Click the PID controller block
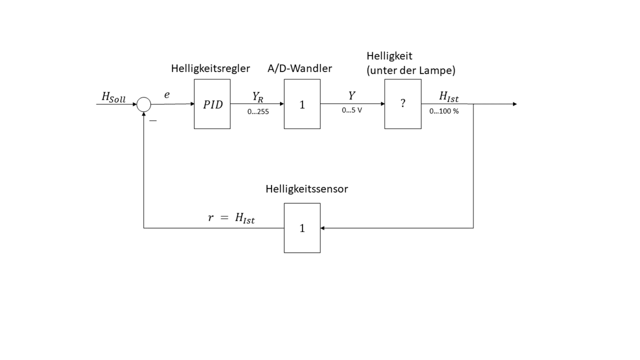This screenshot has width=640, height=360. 212,104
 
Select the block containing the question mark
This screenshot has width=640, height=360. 403,104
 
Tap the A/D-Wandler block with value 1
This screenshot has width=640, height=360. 302,104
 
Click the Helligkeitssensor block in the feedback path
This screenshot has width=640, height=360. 302,228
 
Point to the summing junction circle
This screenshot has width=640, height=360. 144,105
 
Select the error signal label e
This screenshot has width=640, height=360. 167,94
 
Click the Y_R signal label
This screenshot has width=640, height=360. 258,96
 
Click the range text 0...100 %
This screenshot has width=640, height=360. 444,111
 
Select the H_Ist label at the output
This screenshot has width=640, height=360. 448,96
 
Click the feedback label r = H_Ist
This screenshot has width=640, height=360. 231,218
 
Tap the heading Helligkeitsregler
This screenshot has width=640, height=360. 211,69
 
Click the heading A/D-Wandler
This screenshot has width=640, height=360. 300,69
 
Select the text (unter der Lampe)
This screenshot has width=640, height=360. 411,70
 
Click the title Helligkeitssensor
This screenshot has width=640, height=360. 307,189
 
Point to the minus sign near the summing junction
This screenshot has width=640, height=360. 153,122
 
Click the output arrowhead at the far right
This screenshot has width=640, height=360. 515,104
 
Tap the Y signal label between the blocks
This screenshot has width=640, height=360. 351,95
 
